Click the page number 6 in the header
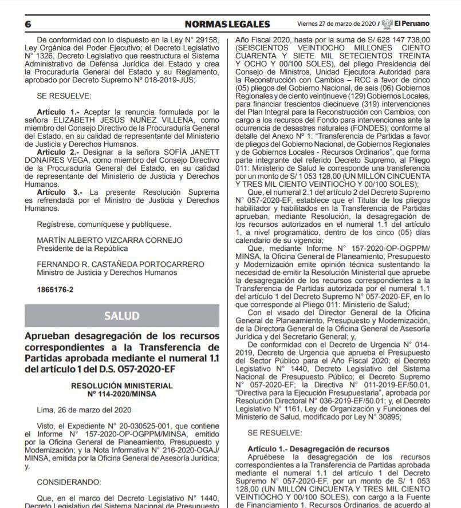coord(27,24)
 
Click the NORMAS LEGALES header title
coord(227,24)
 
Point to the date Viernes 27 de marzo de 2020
coord(336,24)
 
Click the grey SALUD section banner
coord(121,316)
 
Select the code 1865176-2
coord(55,290)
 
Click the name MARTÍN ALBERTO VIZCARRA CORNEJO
coord(109,241)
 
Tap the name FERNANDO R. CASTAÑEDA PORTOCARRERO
coord(120,265)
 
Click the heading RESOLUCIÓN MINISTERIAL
coord(121,386)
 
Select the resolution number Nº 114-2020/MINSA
coord(121,394)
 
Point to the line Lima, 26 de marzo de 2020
coord(84,410)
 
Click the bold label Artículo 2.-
coord(58,152)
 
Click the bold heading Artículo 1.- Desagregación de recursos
coord(318,448)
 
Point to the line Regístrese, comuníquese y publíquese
coord(104,224)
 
